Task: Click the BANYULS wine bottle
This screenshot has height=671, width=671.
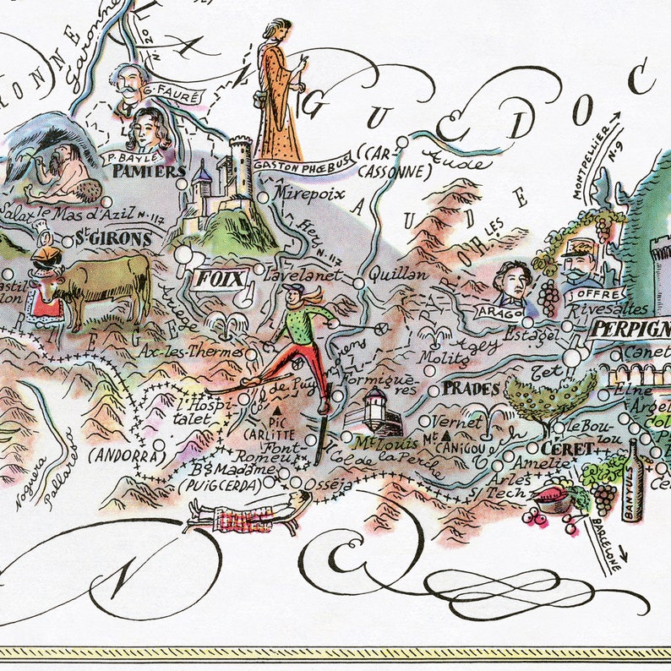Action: (x=633, y=479)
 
